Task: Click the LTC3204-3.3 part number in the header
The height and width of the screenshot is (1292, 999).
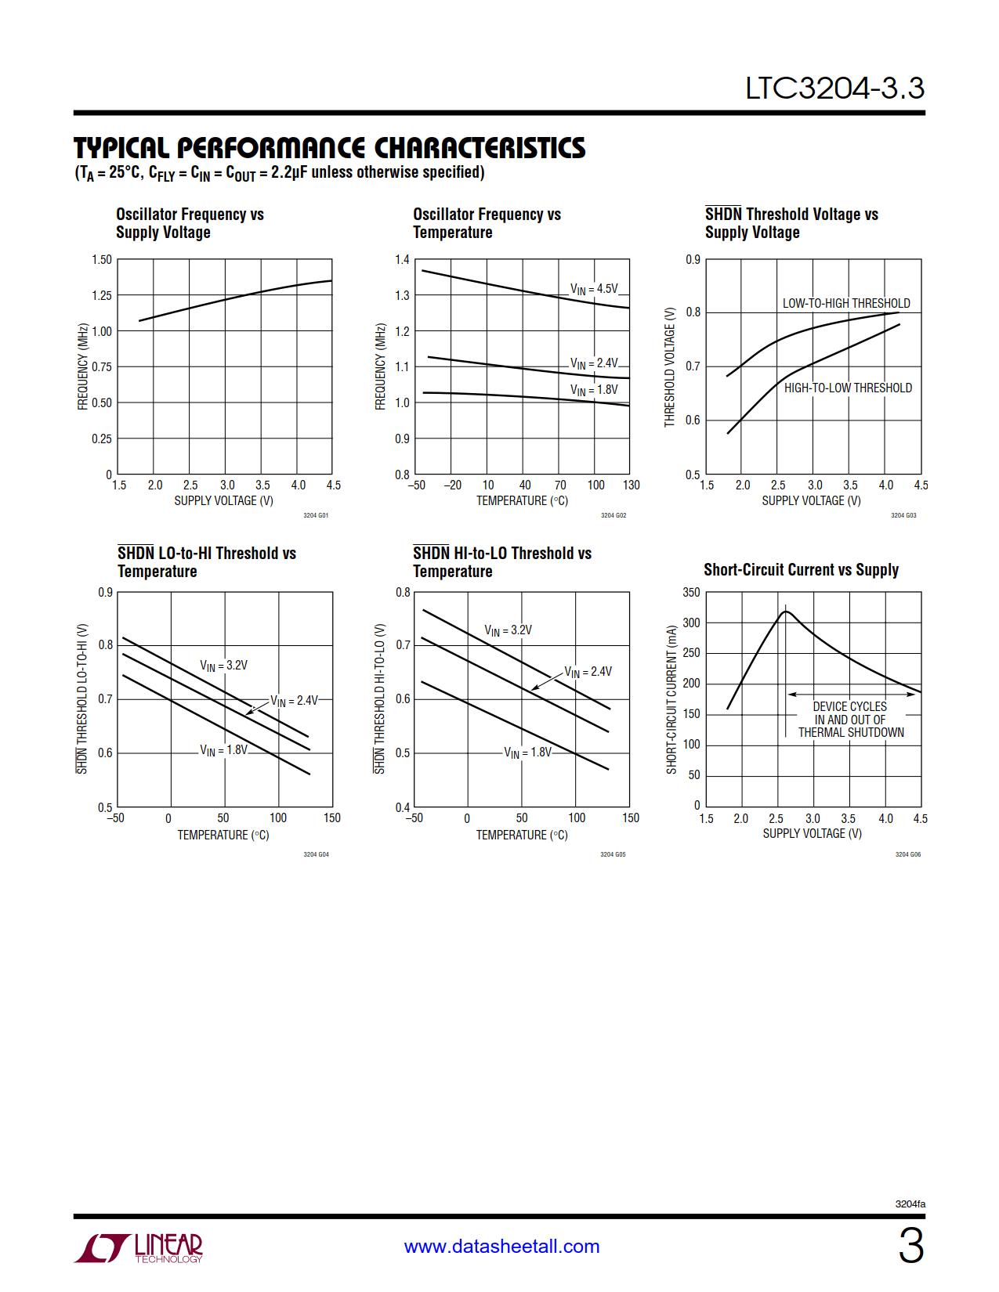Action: click(x=834, y=88)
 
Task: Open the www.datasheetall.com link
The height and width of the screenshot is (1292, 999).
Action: click(x=501, y=1246)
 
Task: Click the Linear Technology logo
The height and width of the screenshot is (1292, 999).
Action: click(x=139, y=1247)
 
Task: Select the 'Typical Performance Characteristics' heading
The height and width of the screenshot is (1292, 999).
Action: click(x=329, y=148)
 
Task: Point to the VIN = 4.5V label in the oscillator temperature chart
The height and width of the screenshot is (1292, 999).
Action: click(x=594, y=289)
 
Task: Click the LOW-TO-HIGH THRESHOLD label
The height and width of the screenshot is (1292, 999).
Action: click(x=846, y=303)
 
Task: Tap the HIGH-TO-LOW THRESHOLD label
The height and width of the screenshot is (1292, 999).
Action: click(x=848, y=388)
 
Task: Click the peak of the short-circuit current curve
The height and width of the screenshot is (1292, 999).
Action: click(x=786, y=612)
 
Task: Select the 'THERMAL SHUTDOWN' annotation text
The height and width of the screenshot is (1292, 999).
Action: click(x=851, y=733)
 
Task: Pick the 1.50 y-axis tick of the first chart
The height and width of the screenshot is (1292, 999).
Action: click(x=102, y=259)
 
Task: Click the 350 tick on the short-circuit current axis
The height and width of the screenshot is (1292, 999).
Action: click(x=691, y=592)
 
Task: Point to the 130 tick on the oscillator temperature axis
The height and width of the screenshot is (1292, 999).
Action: click(x=631, y=485)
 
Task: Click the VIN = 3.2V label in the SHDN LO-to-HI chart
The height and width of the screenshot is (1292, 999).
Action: click(x=223, y=666)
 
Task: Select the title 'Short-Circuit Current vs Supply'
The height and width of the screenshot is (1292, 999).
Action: click(x=801, y=570)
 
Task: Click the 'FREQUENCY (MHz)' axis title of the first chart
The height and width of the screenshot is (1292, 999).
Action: click(x=82, y=366)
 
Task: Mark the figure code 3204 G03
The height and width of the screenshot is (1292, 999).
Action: click(x=903, y=515)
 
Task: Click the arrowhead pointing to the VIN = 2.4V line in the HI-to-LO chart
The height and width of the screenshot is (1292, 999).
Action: click(x=535, y=688)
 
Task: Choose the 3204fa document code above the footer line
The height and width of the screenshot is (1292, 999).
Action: click(x=910, y=1204)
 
